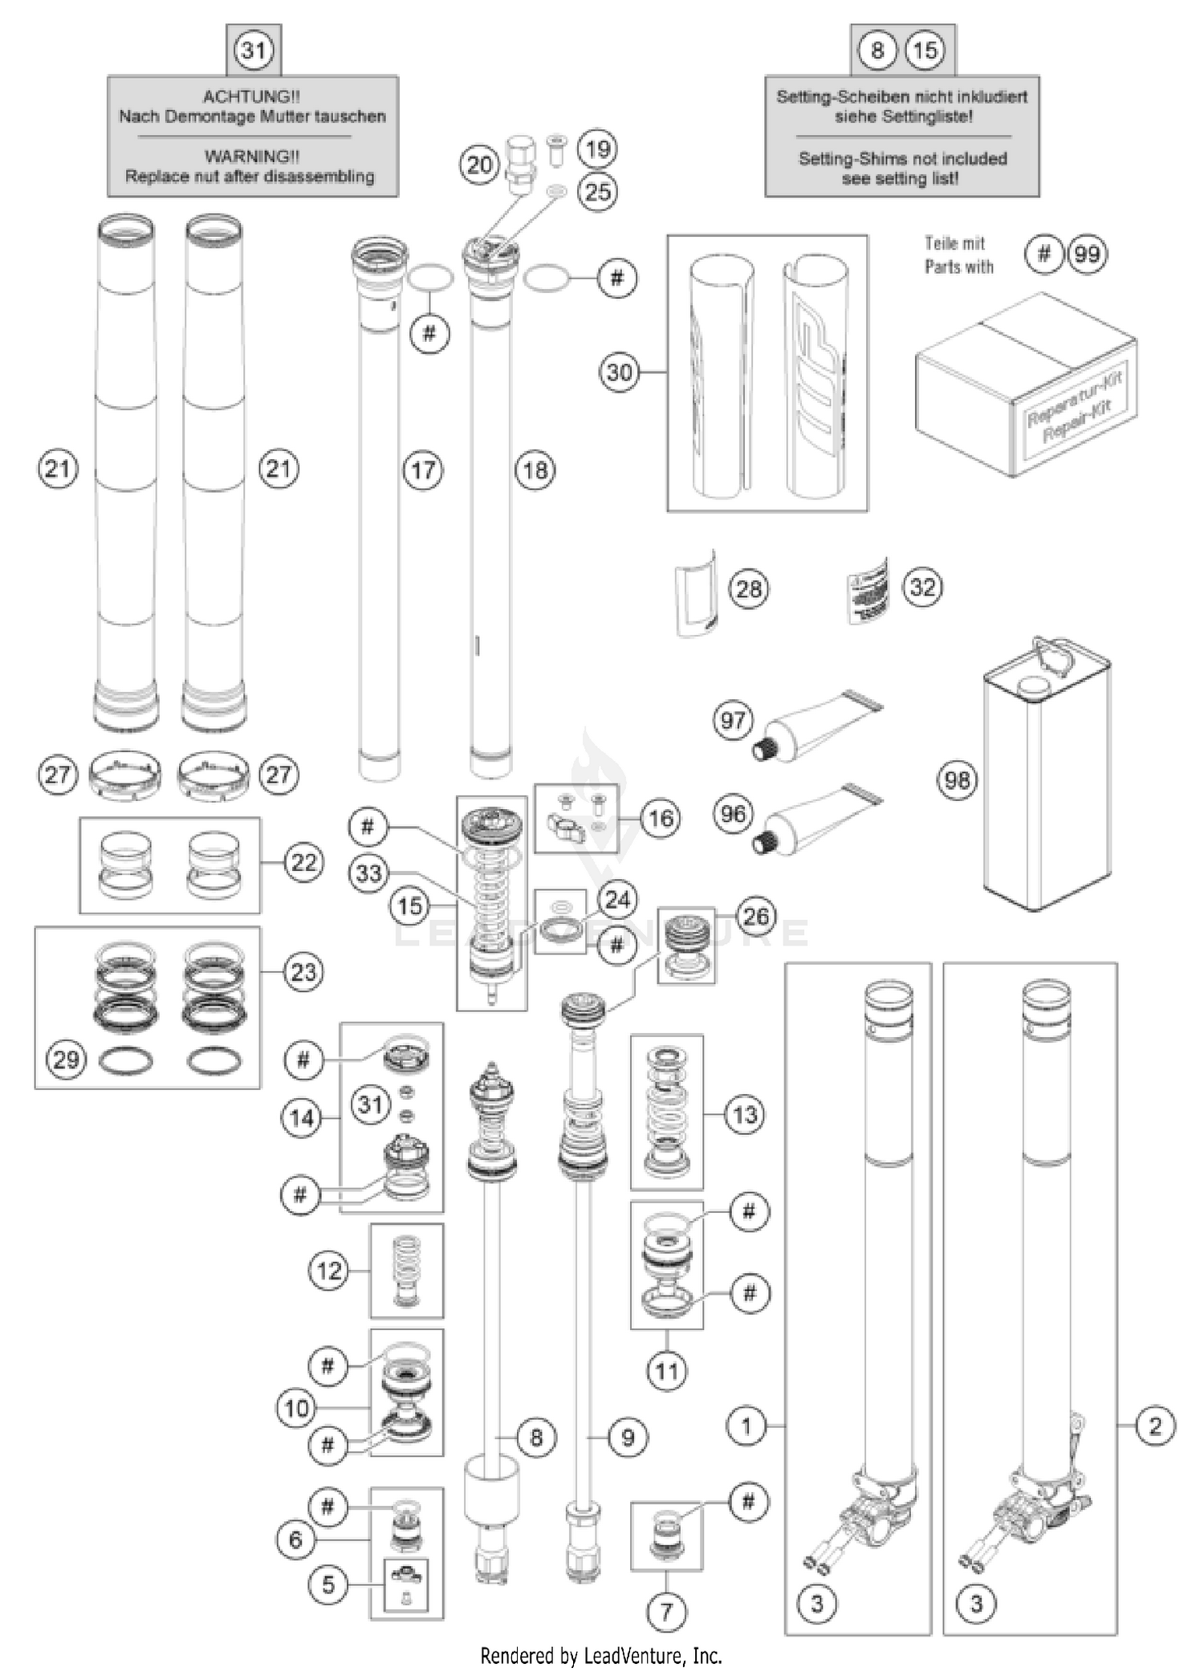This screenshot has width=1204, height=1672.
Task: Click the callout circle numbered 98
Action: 957,780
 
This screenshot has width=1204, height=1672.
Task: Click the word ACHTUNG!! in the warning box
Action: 251,96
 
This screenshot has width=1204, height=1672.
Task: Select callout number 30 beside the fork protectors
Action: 619,372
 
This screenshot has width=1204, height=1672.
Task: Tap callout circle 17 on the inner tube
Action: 423,470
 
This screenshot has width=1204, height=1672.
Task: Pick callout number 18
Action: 535,470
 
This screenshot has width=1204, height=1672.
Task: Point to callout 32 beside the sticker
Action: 922,587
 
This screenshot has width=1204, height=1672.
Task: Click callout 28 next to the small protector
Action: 748,589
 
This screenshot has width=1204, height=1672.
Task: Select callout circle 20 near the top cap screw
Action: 479,165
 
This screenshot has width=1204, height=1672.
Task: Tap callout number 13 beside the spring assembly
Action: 745,1114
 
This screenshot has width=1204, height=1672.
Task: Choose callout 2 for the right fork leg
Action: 1155,1426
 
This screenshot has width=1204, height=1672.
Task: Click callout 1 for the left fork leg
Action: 746,1426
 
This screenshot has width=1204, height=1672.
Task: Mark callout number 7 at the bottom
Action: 666,1611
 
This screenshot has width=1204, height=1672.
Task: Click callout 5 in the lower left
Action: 328,1585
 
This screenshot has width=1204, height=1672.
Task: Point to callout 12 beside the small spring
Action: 329,1271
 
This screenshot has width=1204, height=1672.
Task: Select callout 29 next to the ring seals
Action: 66,1060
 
